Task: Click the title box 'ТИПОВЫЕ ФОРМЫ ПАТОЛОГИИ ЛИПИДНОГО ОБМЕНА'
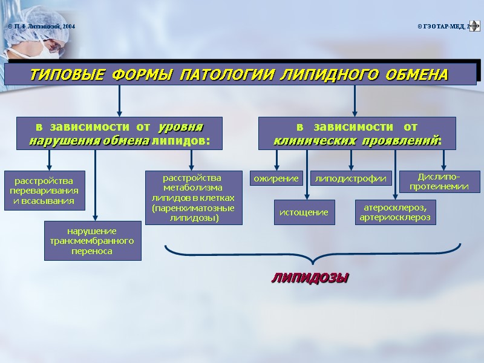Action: tap(240, 75)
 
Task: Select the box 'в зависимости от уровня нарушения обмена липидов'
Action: tap(119, 134)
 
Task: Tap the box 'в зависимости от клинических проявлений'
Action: tap(357, 134)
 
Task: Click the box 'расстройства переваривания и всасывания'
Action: tap(44, 190)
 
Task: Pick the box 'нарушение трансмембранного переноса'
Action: tap(93, 240)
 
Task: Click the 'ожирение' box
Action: tap(276, 178)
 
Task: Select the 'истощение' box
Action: tap(304, 212)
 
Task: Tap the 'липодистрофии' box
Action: tap(352, 178)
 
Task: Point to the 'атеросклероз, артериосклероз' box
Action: tap(394, 212)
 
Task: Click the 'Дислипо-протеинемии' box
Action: tap(448, 181)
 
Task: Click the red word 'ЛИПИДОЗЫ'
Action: tap(310, 278)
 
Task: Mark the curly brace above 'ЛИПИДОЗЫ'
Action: tap(312, 254)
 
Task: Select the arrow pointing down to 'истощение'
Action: tap(307, 175)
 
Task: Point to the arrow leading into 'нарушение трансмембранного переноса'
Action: tap(96, 188)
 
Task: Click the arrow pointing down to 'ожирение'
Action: tap(276, 160)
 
